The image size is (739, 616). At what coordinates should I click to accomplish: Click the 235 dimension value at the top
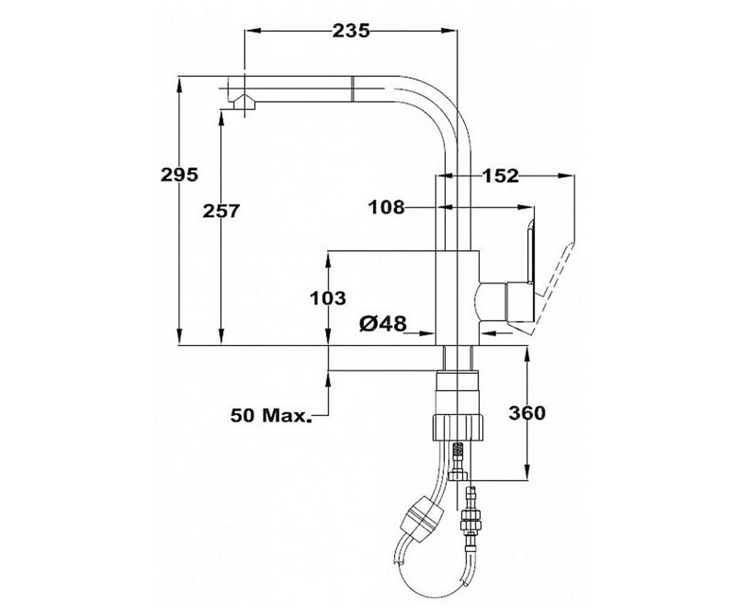pos(351,31)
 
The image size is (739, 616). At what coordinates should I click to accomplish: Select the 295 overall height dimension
pos(179,175)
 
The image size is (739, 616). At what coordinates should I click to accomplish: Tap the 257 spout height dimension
pos(221,211)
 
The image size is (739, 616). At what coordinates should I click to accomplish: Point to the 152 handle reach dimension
pos(501,176)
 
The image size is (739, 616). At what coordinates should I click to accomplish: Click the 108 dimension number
pos(386,207)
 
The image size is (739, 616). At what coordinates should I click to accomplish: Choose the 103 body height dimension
pos(328,298)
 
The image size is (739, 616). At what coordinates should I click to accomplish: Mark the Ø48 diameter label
pos(383,323)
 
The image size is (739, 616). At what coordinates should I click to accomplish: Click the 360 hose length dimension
pos(527,413)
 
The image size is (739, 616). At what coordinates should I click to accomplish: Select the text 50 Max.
pos(272,415)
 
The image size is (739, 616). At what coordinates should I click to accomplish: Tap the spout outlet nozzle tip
pos(243,103)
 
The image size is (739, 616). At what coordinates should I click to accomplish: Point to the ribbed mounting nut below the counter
pos(458,428)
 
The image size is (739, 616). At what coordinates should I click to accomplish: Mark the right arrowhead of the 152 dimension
pos(566,176)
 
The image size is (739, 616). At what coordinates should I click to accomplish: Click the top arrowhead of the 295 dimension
pos(179,86)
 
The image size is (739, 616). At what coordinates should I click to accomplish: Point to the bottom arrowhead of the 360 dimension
pos(527,472)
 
